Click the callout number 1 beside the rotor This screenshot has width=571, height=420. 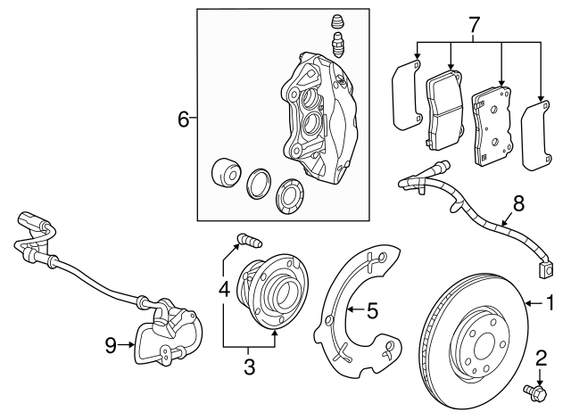pyautogui.click(x=550, y=305)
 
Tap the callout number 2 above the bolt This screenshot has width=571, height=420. pyautogui.click(x=539, y=359)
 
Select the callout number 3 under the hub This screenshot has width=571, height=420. pyautogui.click(x=249, y=366)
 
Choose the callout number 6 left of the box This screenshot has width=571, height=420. pyautogui.click(x=184, y=119)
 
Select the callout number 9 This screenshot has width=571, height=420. pyautogui.click(x=111, y=344)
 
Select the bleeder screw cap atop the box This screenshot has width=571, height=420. pyautogui.click(x=337, y=23)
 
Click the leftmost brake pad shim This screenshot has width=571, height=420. pyautogui.click(x=405, y=95)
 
